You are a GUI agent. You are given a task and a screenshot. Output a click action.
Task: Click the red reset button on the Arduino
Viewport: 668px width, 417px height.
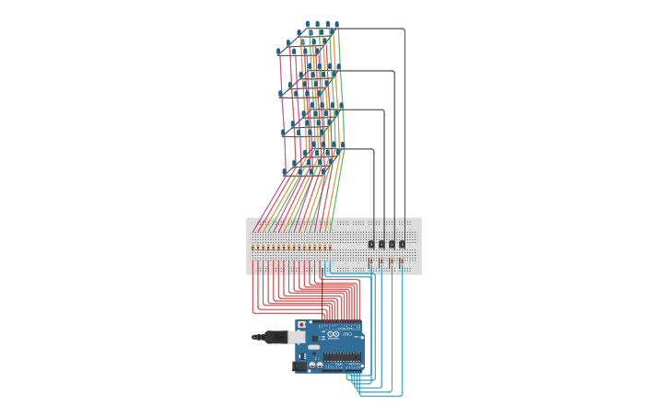(x=301, y=325)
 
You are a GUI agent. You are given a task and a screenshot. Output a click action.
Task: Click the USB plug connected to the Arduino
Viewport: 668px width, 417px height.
(x=275, y=337)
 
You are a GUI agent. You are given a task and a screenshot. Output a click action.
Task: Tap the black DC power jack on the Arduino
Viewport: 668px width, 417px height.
(x=300, y=365)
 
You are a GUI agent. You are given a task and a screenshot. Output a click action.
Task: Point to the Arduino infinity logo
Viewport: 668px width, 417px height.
(x=333, y=333)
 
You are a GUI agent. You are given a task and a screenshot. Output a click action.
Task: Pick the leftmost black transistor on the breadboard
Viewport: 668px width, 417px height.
(x=371, y=244)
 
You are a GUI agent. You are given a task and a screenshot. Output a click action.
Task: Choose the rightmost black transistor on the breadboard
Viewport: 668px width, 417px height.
(x=402, y=244)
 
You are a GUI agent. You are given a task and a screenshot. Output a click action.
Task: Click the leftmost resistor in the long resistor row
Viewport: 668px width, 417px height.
(x=253, y=248)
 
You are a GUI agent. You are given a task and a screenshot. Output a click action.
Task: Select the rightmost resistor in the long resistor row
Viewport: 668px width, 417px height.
(x=330, y=248)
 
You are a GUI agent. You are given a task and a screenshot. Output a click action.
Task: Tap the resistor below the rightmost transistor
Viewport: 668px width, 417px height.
(x=402, y=261)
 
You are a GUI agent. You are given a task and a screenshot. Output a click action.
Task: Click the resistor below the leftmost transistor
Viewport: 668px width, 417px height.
(x=371, y=261)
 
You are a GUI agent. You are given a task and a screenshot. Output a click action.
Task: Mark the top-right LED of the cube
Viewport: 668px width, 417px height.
(x=336, y=25)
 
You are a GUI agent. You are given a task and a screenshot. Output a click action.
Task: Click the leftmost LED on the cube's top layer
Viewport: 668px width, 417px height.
(x=278, y=52)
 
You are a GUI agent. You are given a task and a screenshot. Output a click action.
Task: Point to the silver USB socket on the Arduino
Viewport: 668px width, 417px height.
(x=297, y=337)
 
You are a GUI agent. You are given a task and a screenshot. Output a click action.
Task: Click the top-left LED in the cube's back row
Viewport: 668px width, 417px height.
(x=308, y=25)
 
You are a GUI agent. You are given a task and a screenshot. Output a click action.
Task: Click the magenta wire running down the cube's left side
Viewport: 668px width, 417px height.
(x=282, y=110)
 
